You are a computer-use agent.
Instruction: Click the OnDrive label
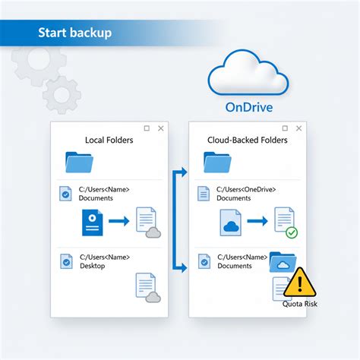tap(249, 107)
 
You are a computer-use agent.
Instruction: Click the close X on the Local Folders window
tap(160, 128)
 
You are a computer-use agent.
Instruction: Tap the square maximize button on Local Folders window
tap(147, 128)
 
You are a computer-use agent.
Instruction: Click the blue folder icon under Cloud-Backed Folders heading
tap(216, 163)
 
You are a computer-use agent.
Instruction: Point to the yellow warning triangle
tap(300, 282)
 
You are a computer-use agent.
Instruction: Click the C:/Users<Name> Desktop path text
tap(103, 261)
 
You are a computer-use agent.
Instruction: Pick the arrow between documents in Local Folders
tap(118, 222)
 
